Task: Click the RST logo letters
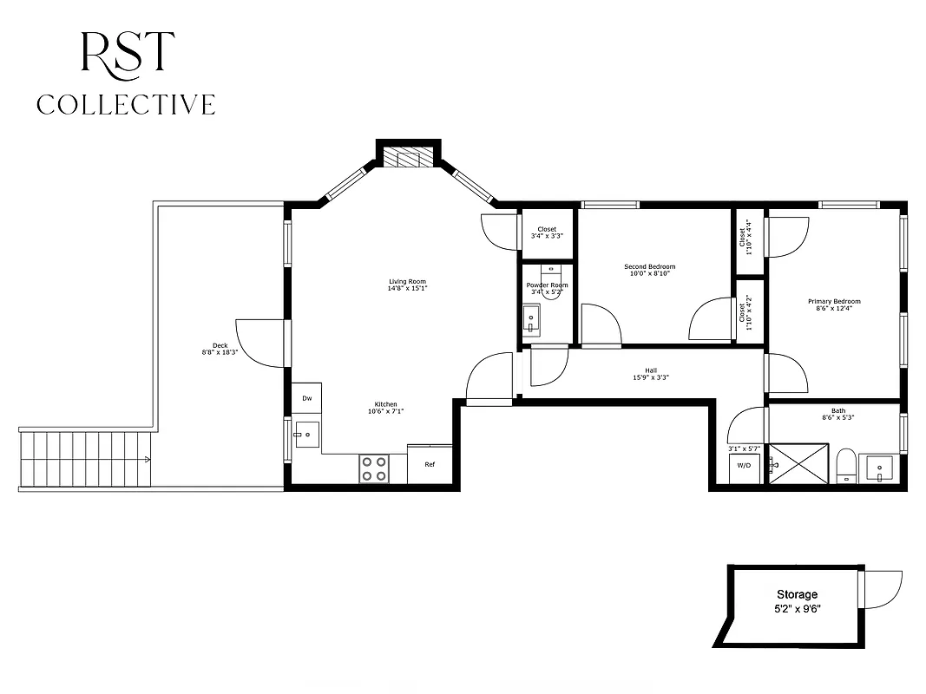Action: (127, 54)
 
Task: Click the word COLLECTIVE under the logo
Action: (126, 105)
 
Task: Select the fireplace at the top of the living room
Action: (408, 157)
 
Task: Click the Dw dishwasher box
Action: (306, 398)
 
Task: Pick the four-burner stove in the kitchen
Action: (374, 468)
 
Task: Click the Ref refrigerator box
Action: (430, 463)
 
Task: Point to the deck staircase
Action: (87, 459)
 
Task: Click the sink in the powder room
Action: (532, 322)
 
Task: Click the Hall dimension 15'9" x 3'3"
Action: (650, 377)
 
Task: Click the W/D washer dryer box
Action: (744, 466)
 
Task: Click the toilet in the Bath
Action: (846, 467)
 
